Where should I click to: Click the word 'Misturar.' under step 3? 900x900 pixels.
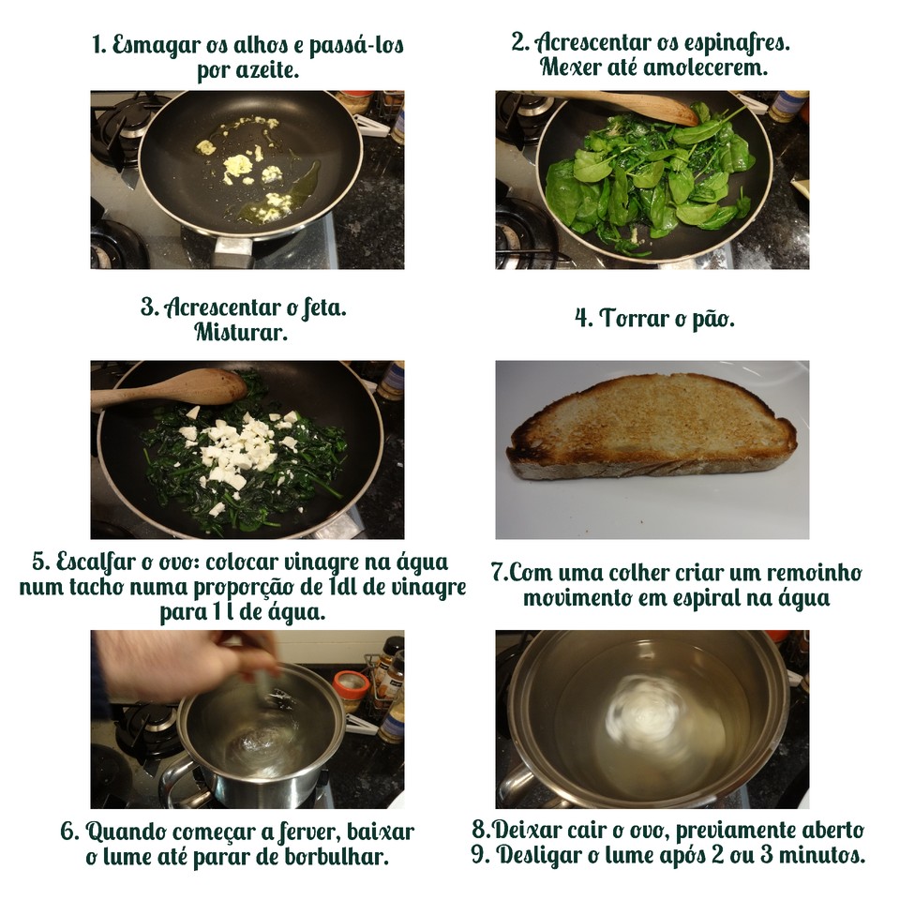pyautogui.click(x=241, y=332)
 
